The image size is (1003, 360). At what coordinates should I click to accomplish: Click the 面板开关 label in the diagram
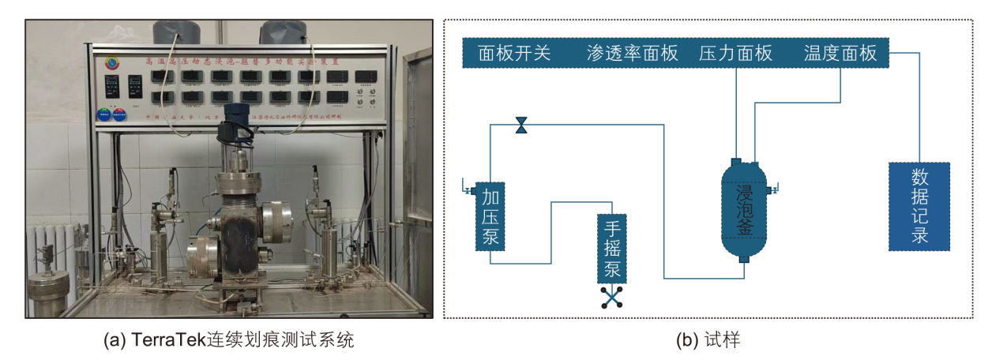pos(514,54)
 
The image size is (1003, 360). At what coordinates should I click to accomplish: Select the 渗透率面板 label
pos(633,54)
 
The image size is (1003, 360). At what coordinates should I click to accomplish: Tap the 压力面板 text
pos(735,54)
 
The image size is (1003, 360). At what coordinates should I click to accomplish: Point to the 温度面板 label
pos(840,54)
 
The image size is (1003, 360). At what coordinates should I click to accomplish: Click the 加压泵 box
pos(490,216)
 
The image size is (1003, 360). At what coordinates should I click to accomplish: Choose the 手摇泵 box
pos(612,249)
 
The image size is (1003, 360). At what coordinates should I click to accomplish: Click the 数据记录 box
pos(918,206)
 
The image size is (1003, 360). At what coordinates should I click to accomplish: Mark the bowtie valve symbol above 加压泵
pos(521,125)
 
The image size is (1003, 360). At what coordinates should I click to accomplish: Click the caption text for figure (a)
pos(229,340)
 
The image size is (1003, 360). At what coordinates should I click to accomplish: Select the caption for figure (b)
pos(708,340)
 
